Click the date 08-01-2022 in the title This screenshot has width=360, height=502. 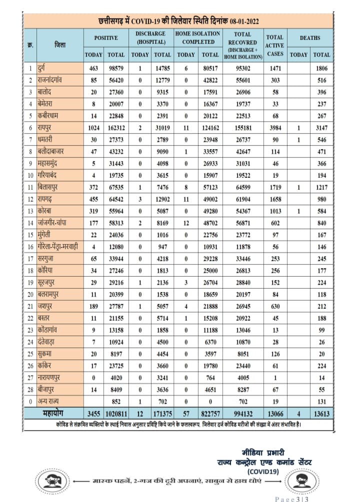click(244, 21)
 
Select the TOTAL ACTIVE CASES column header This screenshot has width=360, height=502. click(274, 45)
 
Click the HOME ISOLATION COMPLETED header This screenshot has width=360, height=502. click(197, 37)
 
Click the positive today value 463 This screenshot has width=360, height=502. click(93, 67)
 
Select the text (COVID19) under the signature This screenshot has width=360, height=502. click(264, 471)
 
